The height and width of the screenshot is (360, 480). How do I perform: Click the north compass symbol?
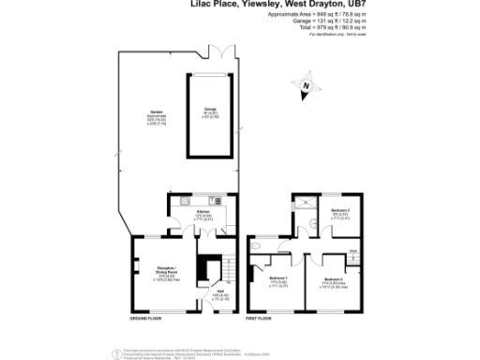[305, 89]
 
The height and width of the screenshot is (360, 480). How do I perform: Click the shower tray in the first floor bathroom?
[303, 203]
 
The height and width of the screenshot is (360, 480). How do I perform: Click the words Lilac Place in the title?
[200, 5]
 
